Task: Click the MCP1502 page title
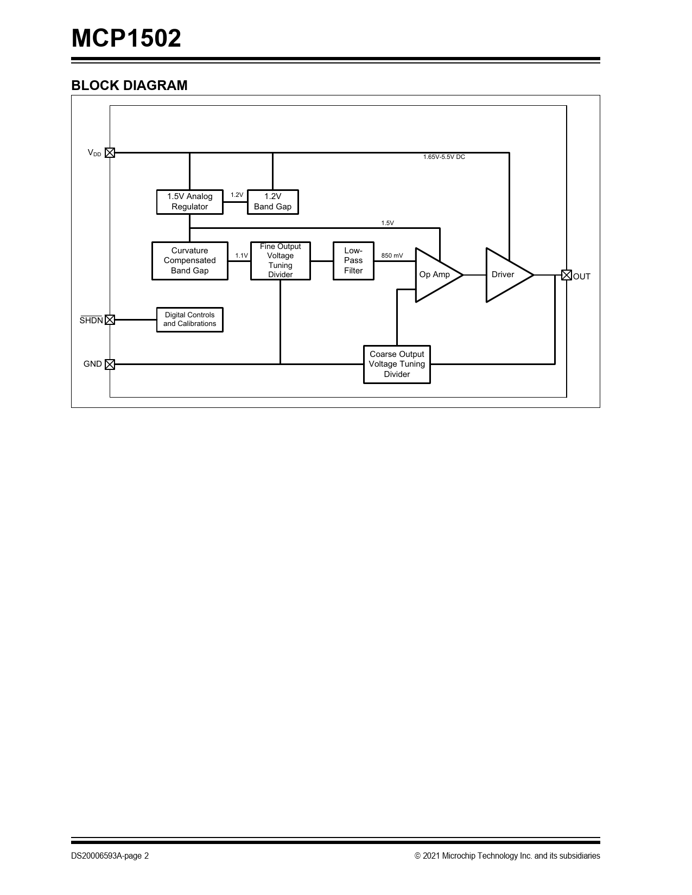(x=126, y=39)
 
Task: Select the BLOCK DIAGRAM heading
(x=129, y=85)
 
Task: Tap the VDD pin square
(x=110, y=153)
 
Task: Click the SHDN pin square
(x=110, y=319)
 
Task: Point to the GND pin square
(x=110, y=364)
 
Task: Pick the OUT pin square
(x=567, y=275)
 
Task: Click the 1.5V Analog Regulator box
(x=189, y=202)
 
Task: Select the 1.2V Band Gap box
(x=273, y=202)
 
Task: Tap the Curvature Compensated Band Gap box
(x=189, y=261)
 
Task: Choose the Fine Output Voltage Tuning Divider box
(x=280, y=261)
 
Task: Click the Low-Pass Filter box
(x=353, y=261)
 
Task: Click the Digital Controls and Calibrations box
(x=189, y=319)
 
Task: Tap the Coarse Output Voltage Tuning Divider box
(x=397, y=365)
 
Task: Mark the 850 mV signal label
(x=392, y=255)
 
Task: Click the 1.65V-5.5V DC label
(x=444, y=157)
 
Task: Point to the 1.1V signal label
(x=242, y=255)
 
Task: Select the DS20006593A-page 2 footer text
(x=110, y=856)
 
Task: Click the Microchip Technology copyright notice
(x=507, y=856)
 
